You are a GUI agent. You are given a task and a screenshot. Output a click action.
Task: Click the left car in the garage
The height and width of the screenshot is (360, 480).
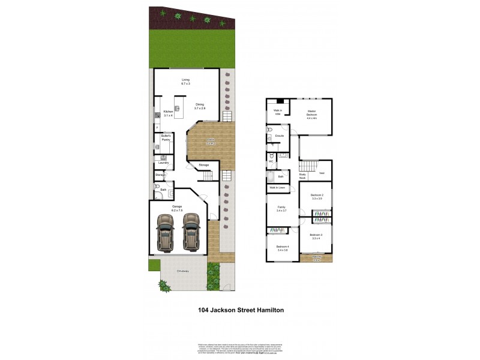tap(164, 232)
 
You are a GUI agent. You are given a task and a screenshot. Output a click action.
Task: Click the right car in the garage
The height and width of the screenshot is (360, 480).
tap(191, 232)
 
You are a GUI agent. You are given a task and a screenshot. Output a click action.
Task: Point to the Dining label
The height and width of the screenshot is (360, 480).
tap(199, 106)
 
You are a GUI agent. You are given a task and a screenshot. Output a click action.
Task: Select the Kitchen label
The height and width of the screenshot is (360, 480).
tap(168, 112)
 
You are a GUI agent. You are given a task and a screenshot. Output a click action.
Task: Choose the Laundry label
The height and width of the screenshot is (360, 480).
tap(163, 163)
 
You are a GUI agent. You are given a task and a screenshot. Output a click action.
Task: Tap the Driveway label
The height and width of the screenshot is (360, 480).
tap(183, 271)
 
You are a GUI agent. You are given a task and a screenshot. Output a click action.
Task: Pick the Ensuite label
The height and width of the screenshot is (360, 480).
tap(280, 136)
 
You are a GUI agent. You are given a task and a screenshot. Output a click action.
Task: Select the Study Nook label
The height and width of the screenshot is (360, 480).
tap(302, 176)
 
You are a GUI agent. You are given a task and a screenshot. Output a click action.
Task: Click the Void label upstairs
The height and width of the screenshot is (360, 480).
tap(322, 173)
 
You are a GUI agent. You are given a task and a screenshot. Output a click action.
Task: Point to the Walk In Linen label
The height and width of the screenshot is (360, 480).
tap(277, 188)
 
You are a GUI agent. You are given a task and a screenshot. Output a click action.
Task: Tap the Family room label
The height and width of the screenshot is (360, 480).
tap(281, 209)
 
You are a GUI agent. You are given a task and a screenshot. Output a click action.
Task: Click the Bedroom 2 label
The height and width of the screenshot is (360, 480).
tap(317, 197)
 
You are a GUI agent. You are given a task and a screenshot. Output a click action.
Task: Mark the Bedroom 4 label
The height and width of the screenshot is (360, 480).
tap(282, 248)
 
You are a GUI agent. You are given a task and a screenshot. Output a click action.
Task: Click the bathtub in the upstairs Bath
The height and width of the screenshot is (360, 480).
tap(271, 176)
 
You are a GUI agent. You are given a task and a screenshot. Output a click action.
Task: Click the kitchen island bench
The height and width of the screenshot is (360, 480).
tap(178, 107)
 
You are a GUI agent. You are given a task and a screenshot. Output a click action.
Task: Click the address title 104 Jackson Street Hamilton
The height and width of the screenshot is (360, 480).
tap(241, 310)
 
